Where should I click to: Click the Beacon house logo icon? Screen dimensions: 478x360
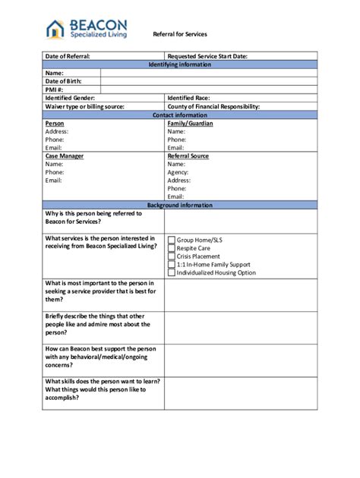[55, 29]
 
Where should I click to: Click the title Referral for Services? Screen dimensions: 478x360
[179, 34]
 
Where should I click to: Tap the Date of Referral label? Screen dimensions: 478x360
[68, 56]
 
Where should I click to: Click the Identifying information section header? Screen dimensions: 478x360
[180, 64]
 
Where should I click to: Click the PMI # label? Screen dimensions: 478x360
[54, 89]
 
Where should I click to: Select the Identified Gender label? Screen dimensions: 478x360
[70, 98]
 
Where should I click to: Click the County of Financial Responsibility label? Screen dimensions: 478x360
[213, 106]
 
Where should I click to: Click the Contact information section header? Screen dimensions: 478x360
[180, 115]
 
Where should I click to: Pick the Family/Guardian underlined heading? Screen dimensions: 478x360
[190, 123]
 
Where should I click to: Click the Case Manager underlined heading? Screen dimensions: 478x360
[65, 156]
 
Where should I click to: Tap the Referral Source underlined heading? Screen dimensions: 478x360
[188, 156]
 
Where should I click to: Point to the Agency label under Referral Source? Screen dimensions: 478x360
[178, 172]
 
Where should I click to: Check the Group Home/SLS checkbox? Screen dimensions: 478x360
[171, 240]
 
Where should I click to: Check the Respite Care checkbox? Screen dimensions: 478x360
[171, 248]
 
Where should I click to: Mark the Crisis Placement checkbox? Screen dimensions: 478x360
[171, 256]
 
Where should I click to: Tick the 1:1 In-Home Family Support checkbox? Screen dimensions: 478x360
[171, 265]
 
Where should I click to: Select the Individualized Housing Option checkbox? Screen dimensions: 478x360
[171, 273]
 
